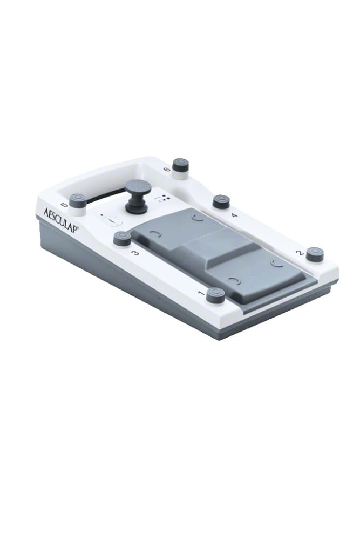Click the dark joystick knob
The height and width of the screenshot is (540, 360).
coord(137,197)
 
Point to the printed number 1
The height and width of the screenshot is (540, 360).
coord(201,293)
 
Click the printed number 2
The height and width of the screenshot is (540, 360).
coord(300,253)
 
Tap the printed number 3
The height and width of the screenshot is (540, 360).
coord(136,253)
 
